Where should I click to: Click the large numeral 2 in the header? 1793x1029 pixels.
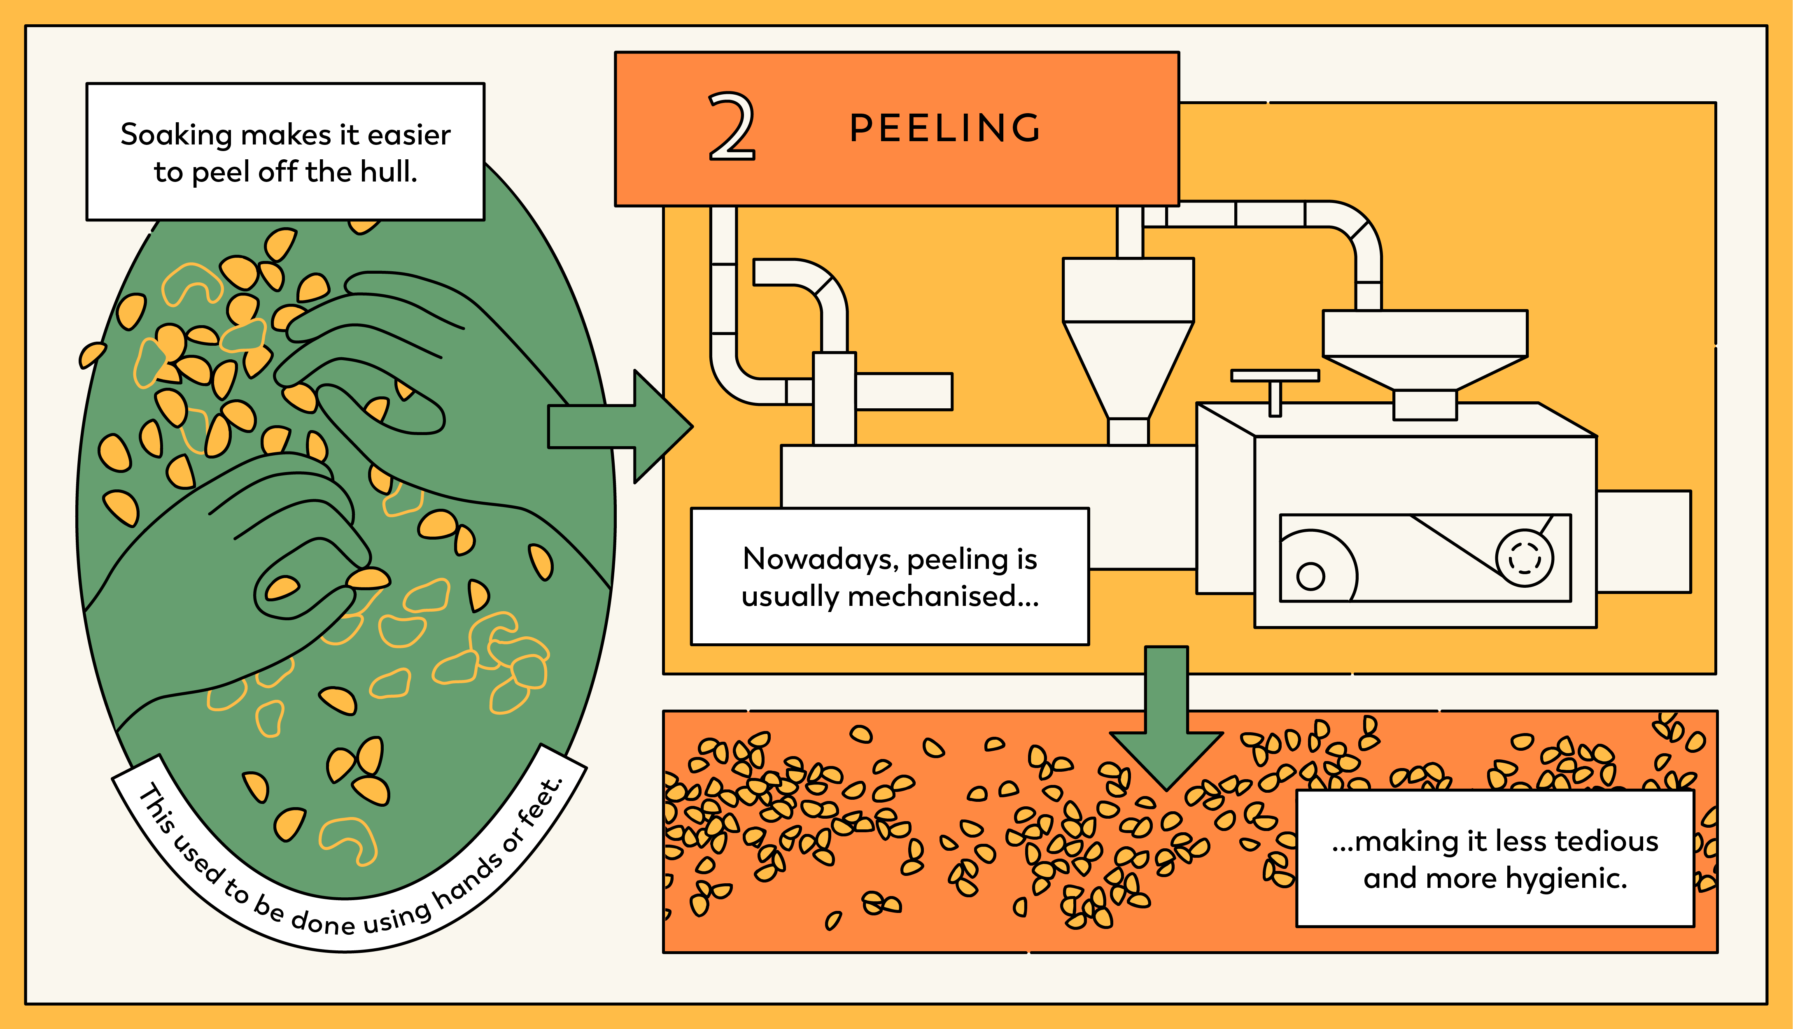[x=732, y=127]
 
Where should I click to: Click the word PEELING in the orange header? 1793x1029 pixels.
[x=945, y=128]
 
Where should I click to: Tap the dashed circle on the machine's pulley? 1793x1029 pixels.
[x=1525, y=558]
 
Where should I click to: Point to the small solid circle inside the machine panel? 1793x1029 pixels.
[x=1310, y=576]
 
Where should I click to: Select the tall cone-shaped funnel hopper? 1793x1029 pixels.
[x=1128, y=354]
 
